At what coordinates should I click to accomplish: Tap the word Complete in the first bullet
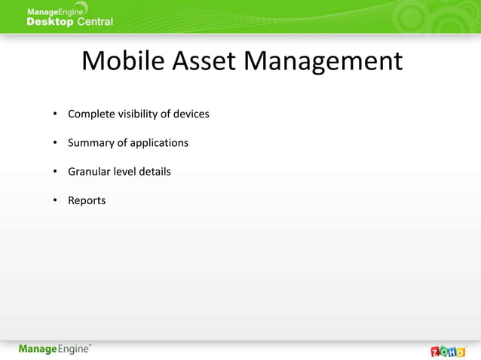point(91,114)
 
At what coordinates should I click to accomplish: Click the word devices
point(191,114)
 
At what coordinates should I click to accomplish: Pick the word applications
point(159,143)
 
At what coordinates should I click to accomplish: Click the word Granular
point(89,172)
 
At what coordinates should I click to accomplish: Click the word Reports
point(87,200)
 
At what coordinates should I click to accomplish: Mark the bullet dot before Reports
point(55,201)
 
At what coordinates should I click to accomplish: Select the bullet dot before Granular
point(55,172)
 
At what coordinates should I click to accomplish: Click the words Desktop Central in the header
point(69,22)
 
